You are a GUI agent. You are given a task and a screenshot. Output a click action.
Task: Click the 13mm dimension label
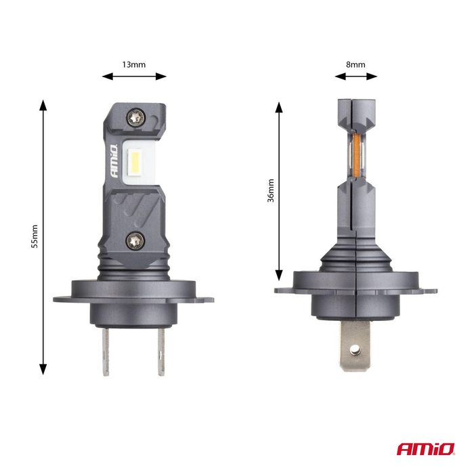(x=134, y=64)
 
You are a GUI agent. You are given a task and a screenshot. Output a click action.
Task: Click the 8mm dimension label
(x=355, y=64)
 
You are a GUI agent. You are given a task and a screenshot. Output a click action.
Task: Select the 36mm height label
(x=271, y=191)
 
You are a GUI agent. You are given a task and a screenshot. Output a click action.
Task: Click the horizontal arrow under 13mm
(x=134, y=77)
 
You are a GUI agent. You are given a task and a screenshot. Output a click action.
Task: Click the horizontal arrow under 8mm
(x=355, y=77)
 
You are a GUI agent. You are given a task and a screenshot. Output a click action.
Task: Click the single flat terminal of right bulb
(x=353, y=344)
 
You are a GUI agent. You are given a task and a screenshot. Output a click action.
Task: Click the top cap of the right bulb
(x=355, y=108)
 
